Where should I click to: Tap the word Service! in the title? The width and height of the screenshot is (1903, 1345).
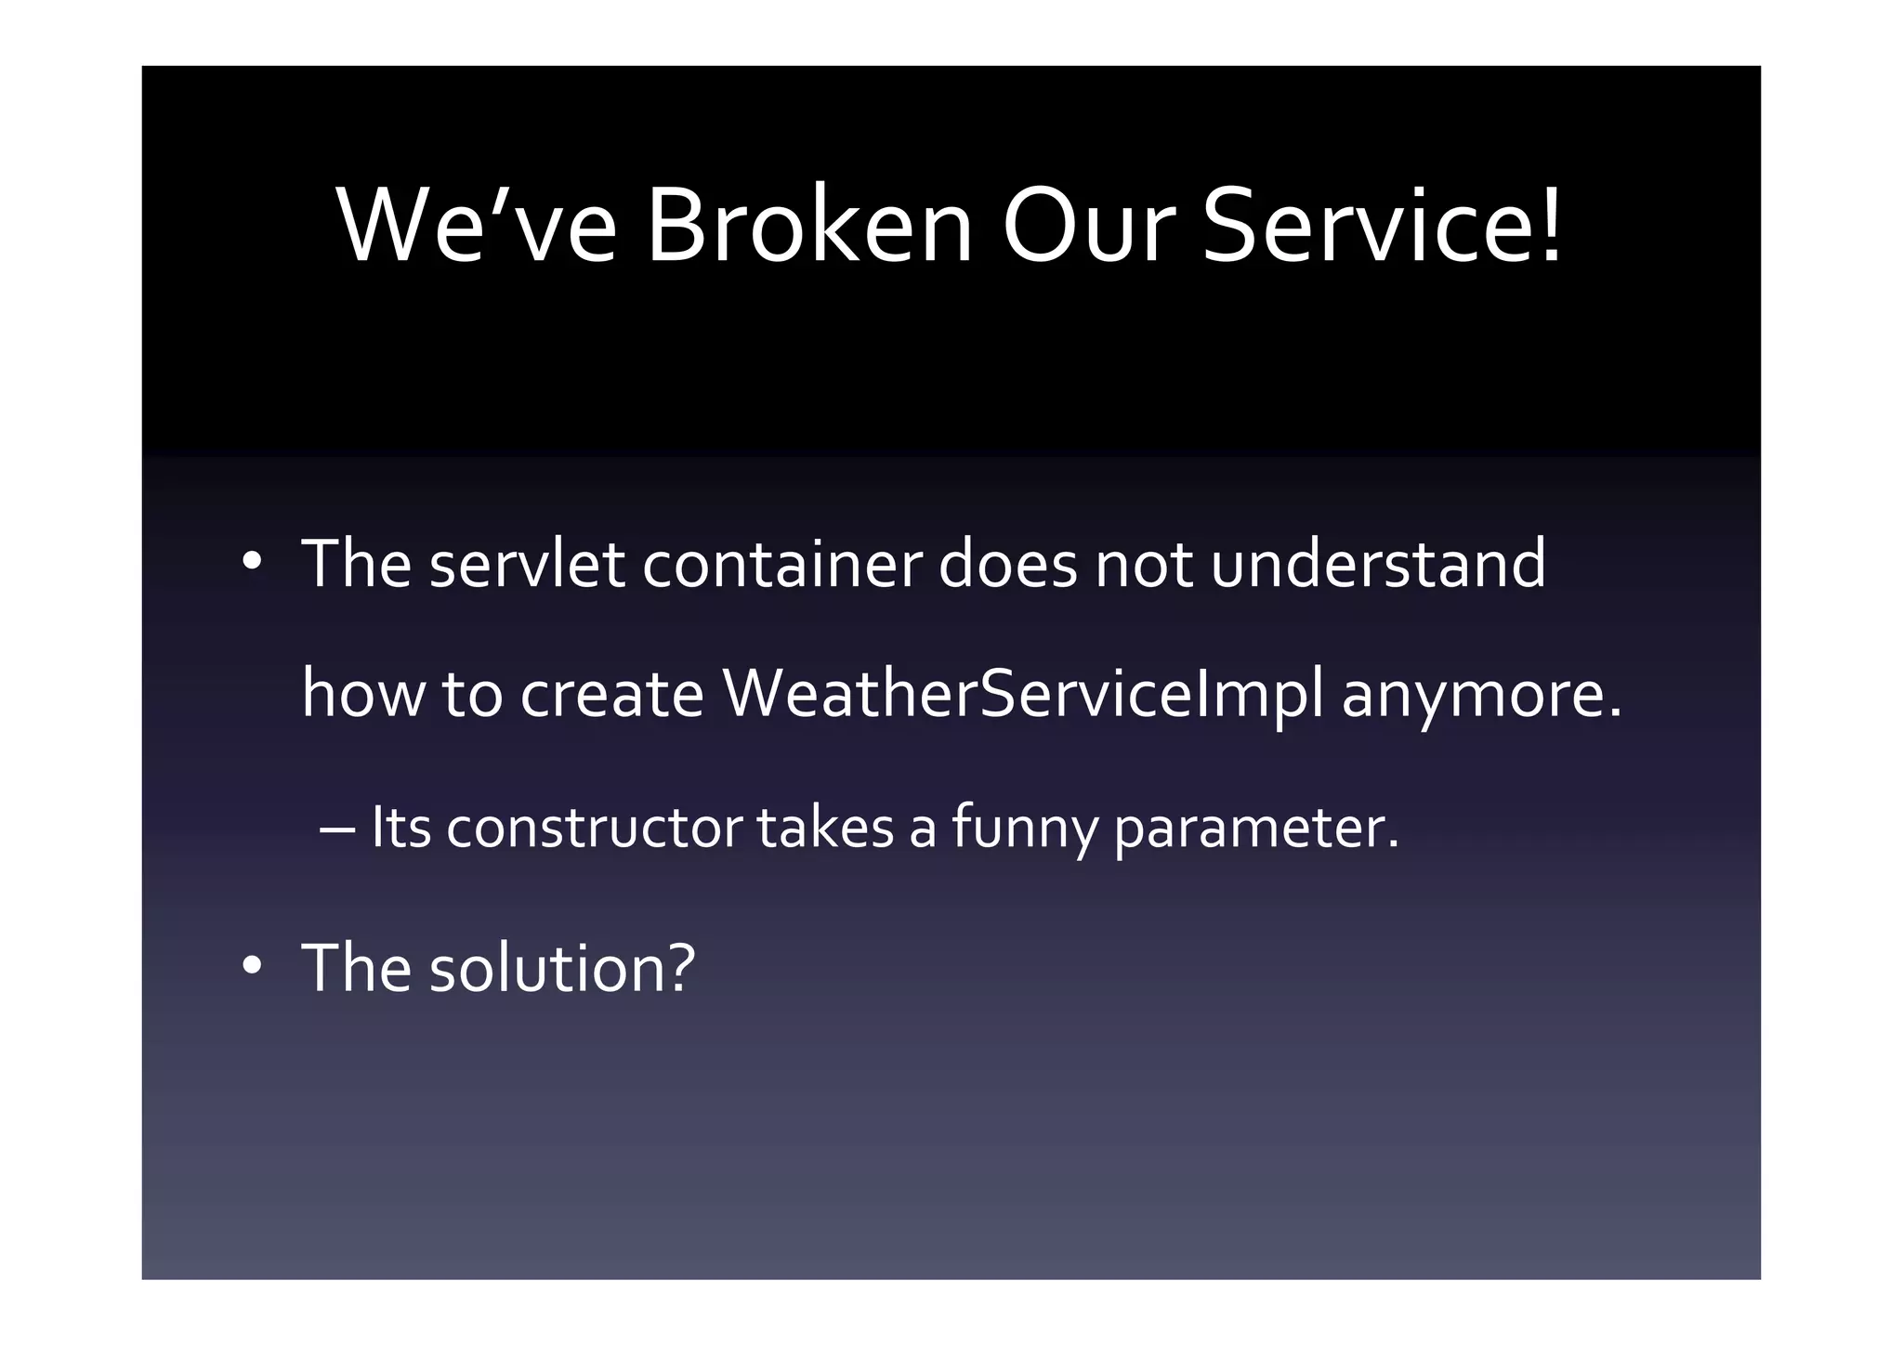(1382, 228)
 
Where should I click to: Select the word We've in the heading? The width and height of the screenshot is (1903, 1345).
(477, 228)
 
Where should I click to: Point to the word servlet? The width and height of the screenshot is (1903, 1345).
(527, 564)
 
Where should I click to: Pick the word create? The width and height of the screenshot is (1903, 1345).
(612, 695)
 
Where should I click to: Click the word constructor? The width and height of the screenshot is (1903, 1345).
(594, 828)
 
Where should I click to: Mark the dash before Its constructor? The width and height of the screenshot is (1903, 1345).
(336, 829)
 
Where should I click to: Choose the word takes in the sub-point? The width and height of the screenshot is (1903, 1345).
(825, 828)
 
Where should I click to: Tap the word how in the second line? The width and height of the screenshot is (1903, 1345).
(363, 695)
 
